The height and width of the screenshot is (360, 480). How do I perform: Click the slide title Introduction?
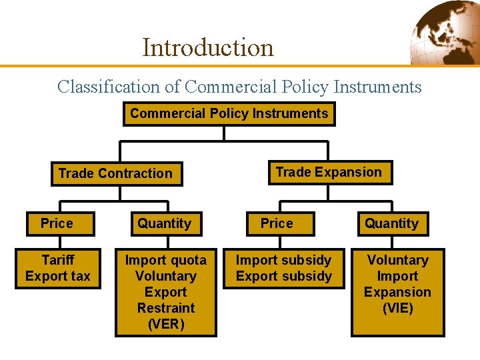coord(208,47)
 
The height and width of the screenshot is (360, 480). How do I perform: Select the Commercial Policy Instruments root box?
coord(229,113)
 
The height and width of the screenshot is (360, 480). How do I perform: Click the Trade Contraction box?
coord(115,173)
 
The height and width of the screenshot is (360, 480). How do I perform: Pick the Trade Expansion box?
coord(329,172)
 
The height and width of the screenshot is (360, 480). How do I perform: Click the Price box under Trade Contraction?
coord(57,223)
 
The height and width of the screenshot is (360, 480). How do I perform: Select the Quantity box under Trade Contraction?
coord(164,223)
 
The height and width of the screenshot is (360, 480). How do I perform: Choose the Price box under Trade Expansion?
coord(277,223)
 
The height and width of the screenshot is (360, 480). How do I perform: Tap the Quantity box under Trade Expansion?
coord(391,223)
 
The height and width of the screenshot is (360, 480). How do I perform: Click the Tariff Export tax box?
coord(57,268)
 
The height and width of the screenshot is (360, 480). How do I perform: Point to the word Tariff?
coord(58,260)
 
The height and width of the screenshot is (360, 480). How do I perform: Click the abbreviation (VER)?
coord(165,324)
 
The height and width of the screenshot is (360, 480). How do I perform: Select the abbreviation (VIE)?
coord(397,308)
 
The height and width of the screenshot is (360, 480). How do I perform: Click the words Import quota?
coord(166,260)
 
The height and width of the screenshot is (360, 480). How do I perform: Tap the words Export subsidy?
coord(284,276)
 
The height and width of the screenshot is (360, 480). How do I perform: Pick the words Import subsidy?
coord(284,260)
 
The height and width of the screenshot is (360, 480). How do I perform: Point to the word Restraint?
coord(166,308)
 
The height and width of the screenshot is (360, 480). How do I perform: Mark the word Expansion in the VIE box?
coord(397,292)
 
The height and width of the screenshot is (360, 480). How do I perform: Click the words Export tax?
coord(58,276)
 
